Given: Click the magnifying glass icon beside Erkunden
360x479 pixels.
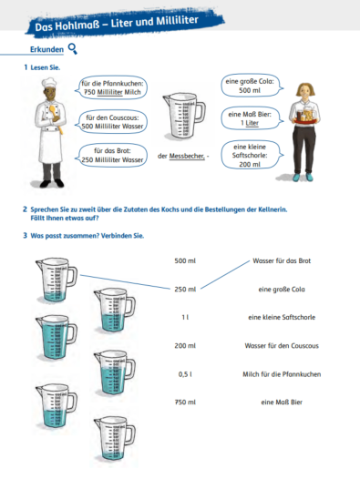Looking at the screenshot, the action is (73, 49).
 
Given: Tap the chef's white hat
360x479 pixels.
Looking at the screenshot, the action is (49, 83).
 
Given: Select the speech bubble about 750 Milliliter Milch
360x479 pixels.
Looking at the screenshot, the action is (111, 87).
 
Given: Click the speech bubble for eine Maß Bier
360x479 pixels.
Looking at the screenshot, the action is (252, 118).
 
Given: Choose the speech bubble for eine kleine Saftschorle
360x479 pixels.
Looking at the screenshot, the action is (252, 155).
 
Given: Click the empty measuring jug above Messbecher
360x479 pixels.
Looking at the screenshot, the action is (184, 116).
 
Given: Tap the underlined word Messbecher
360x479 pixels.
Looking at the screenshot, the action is (187, 156).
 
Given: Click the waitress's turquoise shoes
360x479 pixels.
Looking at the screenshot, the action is (303, 178).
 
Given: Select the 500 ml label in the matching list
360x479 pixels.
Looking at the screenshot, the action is (185, 260).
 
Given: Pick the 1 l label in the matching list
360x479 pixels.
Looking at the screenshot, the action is (185, 318).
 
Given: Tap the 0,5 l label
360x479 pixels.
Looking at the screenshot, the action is (185, 374).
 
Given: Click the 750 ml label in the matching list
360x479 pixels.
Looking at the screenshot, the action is (185, 403).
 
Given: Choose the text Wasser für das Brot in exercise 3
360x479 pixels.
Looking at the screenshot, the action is (282, 260).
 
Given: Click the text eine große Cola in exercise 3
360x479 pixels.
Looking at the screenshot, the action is (282, 290).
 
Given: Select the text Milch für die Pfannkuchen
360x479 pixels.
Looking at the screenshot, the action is (282, 374).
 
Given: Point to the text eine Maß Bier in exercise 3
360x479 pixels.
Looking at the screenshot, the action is (282, 403).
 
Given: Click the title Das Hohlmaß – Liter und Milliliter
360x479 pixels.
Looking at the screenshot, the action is (117, 24).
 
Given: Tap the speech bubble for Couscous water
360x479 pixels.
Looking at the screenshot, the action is (111, 122).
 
